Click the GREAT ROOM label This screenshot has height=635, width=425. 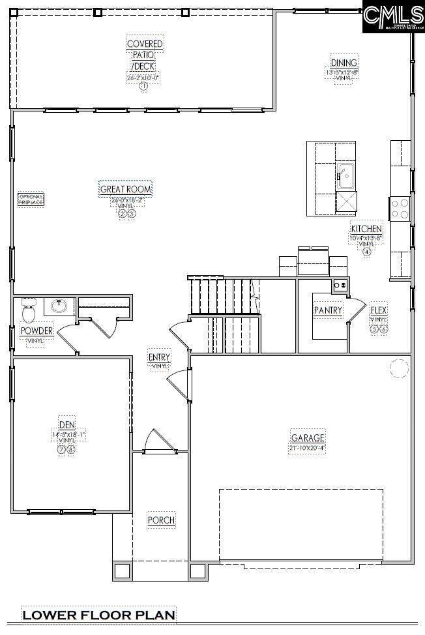[125, 190]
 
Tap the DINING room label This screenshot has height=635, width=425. [343, 63]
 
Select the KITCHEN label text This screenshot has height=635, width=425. [366, 229]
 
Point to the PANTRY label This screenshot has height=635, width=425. [327, 310]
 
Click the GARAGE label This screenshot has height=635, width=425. [307, 437]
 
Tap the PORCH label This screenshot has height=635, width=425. [160, 520]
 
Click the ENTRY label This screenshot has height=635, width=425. [159, 357]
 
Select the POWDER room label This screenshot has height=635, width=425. [36, 331]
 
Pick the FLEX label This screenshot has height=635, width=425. [379, 310]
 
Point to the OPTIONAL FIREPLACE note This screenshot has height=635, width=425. [31, 199]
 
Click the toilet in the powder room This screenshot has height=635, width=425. [28, 311]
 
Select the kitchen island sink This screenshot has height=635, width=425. [345, 175]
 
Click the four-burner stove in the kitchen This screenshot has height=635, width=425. [399, 209]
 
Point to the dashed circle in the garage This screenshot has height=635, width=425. [398, 369]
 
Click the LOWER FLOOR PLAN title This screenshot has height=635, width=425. [98, 615]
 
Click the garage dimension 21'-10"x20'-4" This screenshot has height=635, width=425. [306, 448]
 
